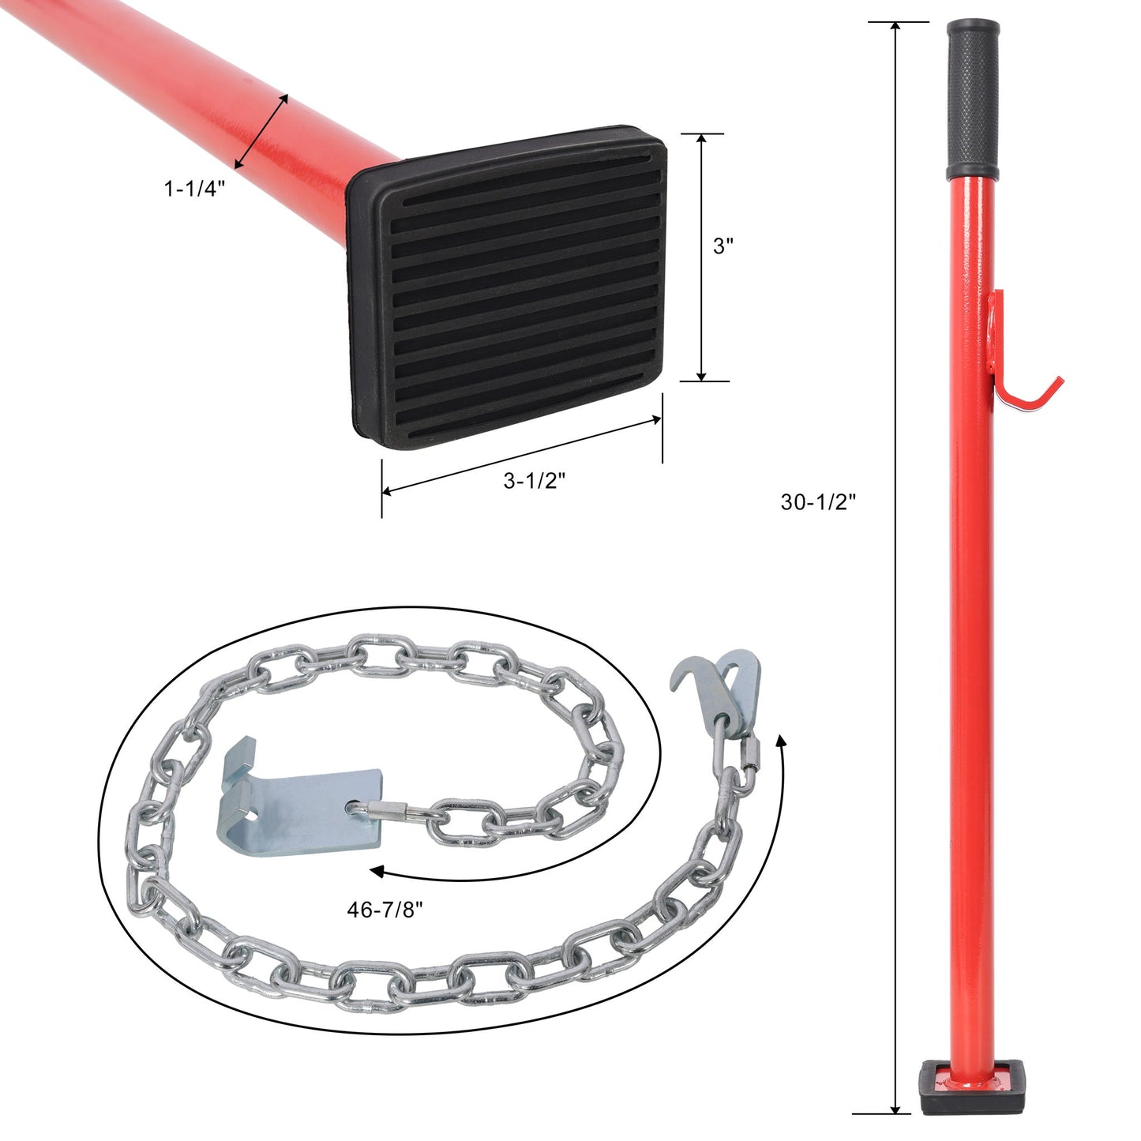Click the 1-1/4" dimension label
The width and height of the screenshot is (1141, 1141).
click(x=194, y=190)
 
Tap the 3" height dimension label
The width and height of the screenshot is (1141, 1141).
click(x=723, y=246)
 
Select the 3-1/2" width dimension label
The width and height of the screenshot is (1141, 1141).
click(x=535, y=481)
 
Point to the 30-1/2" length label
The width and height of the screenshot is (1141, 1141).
click(x=818, y=501)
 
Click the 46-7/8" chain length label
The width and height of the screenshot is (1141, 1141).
click(x=385, y=910)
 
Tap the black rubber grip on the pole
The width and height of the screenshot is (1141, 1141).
click(x=972, y=100)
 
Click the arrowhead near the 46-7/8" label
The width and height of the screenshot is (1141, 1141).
click(x=377, y=872)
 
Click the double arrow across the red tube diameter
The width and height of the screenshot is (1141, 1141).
click(x=261, y=131)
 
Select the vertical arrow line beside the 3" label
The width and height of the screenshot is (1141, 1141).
click(x=702, y=257)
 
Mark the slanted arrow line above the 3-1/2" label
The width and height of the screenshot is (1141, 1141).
click(x=521, y=456)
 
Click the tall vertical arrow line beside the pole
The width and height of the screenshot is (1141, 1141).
click(x=895, y=569)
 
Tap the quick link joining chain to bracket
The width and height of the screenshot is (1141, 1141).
click(x=387, y=809)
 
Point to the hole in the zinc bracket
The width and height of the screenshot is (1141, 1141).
click(x=353, y=809)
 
